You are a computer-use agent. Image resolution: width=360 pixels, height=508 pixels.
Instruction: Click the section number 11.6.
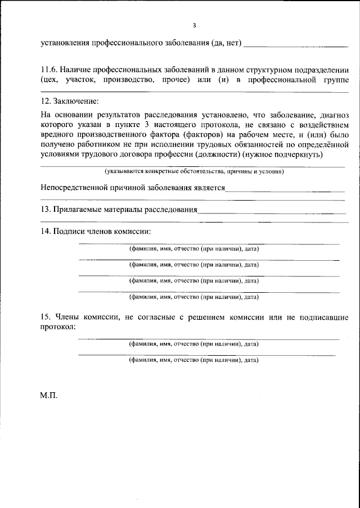click(49, 70)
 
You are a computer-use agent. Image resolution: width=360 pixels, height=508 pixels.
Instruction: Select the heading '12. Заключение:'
click(69, 101)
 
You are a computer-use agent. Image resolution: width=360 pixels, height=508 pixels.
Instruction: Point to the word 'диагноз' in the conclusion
click(334, 114)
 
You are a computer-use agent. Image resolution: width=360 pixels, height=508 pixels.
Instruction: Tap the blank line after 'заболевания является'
click(285, 191)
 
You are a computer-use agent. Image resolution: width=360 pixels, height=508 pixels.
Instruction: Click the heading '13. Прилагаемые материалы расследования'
click(119, 210)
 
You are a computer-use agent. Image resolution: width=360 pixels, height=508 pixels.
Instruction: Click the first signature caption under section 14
click(194, 248)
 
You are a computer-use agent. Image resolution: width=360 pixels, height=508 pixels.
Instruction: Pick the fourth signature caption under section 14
click(194, 296)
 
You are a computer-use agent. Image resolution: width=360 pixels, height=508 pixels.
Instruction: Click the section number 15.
click(46, 317)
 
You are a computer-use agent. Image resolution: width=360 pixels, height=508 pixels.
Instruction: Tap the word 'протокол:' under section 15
click(58, 327)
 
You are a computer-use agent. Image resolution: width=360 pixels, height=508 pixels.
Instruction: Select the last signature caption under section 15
click(194, 359)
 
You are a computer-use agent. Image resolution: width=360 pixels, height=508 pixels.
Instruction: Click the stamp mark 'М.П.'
click(49, 395)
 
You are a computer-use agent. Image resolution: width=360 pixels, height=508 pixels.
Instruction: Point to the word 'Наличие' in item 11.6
click(77, 70)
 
